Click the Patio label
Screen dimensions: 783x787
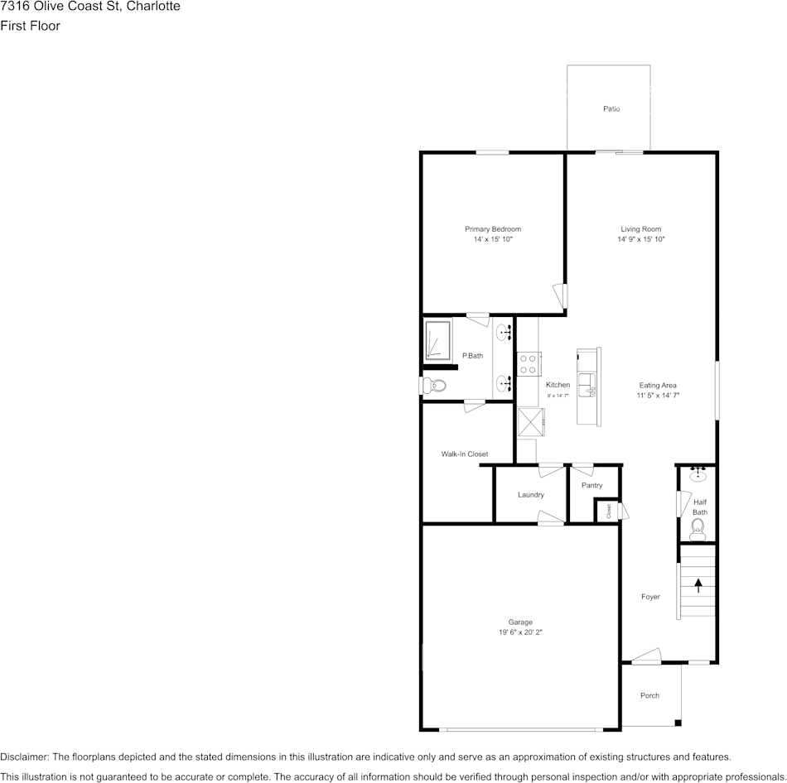611,109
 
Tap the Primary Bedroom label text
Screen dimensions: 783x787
492,229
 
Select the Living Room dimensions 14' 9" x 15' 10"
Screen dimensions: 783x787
641,239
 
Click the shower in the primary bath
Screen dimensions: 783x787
437,340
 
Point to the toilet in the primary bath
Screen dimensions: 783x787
435,386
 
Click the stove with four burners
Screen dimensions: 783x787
529,363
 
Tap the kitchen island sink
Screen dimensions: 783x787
587,383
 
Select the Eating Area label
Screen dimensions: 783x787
658,385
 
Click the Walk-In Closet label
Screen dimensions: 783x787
464,454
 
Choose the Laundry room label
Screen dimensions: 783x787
530,495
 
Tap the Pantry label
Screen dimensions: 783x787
591,486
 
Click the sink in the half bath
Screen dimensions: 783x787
698,474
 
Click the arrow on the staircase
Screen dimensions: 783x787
698,584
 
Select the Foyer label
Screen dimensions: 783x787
650,597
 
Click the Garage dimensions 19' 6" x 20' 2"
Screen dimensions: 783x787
520,632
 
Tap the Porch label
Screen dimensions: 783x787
649,695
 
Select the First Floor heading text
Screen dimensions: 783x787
30,26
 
